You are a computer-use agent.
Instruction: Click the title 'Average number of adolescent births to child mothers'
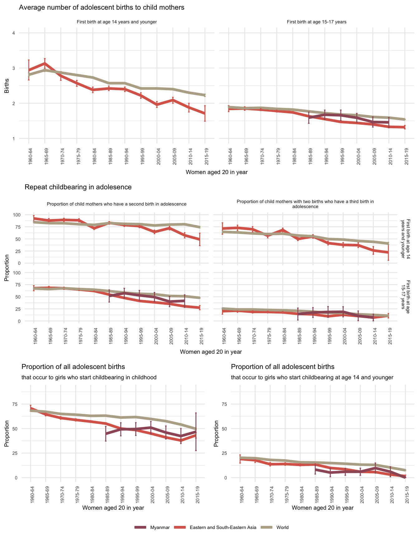102,7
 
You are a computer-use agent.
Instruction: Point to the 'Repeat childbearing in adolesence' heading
78,187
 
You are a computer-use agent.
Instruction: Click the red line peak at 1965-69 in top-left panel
45,63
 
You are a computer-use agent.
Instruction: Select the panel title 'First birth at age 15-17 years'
316,22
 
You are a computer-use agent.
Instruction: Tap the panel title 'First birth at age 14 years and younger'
117,22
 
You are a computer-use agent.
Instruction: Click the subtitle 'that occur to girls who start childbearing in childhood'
89,377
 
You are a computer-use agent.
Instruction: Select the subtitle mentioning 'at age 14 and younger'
312,377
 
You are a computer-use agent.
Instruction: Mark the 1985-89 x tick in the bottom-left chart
106,493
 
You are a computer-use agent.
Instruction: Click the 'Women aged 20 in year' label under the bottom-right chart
323,507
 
